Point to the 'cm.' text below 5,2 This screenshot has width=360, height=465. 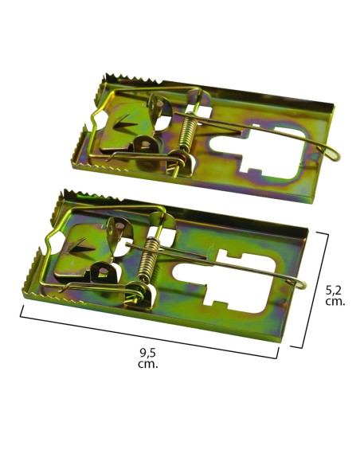(336, 304)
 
